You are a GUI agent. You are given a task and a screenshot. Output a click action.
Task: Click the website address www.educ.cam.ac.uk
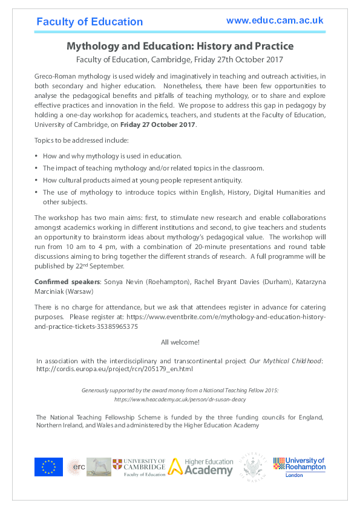pyautogui.click(x=275, y=21)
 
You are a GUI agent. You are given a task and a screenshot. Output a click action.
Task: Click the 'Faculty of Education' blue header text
pyautogui.click(x=90, y=22)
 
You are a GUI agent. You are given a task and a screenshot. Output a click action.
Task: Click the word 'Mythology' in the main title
pyautogui.click(x=92, y=46)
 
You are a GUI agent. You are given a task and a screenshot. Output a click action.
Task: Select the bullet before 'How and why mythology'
pyautogui.click(x=36, y=156)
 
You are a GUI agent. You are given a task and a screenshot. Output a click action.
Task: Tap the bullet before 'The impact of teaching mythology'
pyautogui.click(x=36, y=168)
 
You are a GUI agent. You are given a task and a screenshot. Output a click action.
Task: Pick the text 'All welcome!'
pyautogui.click(x=180, y=342)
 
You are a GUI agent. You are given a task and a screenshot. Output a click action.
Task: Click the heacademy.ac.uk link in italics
pyautogui.click(x=180, y=400)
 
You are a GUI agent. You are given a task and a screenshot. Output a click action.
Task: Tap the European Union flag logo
pyautogui.click(x=48, y=467)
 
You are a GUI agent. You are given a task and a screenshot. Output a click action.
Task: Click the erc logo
pyautogui.click(x=76, y=467)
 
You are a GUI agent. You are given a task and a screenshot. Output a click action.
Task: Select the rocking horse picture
pyautogui.click(x=99, y=467)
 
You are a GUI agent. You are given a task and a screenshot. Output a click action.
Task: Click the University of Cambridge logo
pyautogui.click(x=139, y=467)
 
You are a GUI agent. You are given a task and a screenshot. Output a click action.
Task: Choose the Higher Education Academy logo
pyautogui.click(x=200, y=467)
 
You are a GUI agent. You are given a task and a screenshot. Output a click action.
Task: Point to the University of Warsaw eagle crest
pyautogui.click(x=254, y=467)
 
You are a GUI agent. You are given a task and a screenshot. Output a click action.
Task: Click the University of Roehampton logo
pyautogui.click(x=299, y=467)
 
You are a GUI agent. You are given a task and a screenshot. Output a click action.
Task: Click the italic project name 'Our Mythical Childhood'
pyautogui.click(x=286, y=361)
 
